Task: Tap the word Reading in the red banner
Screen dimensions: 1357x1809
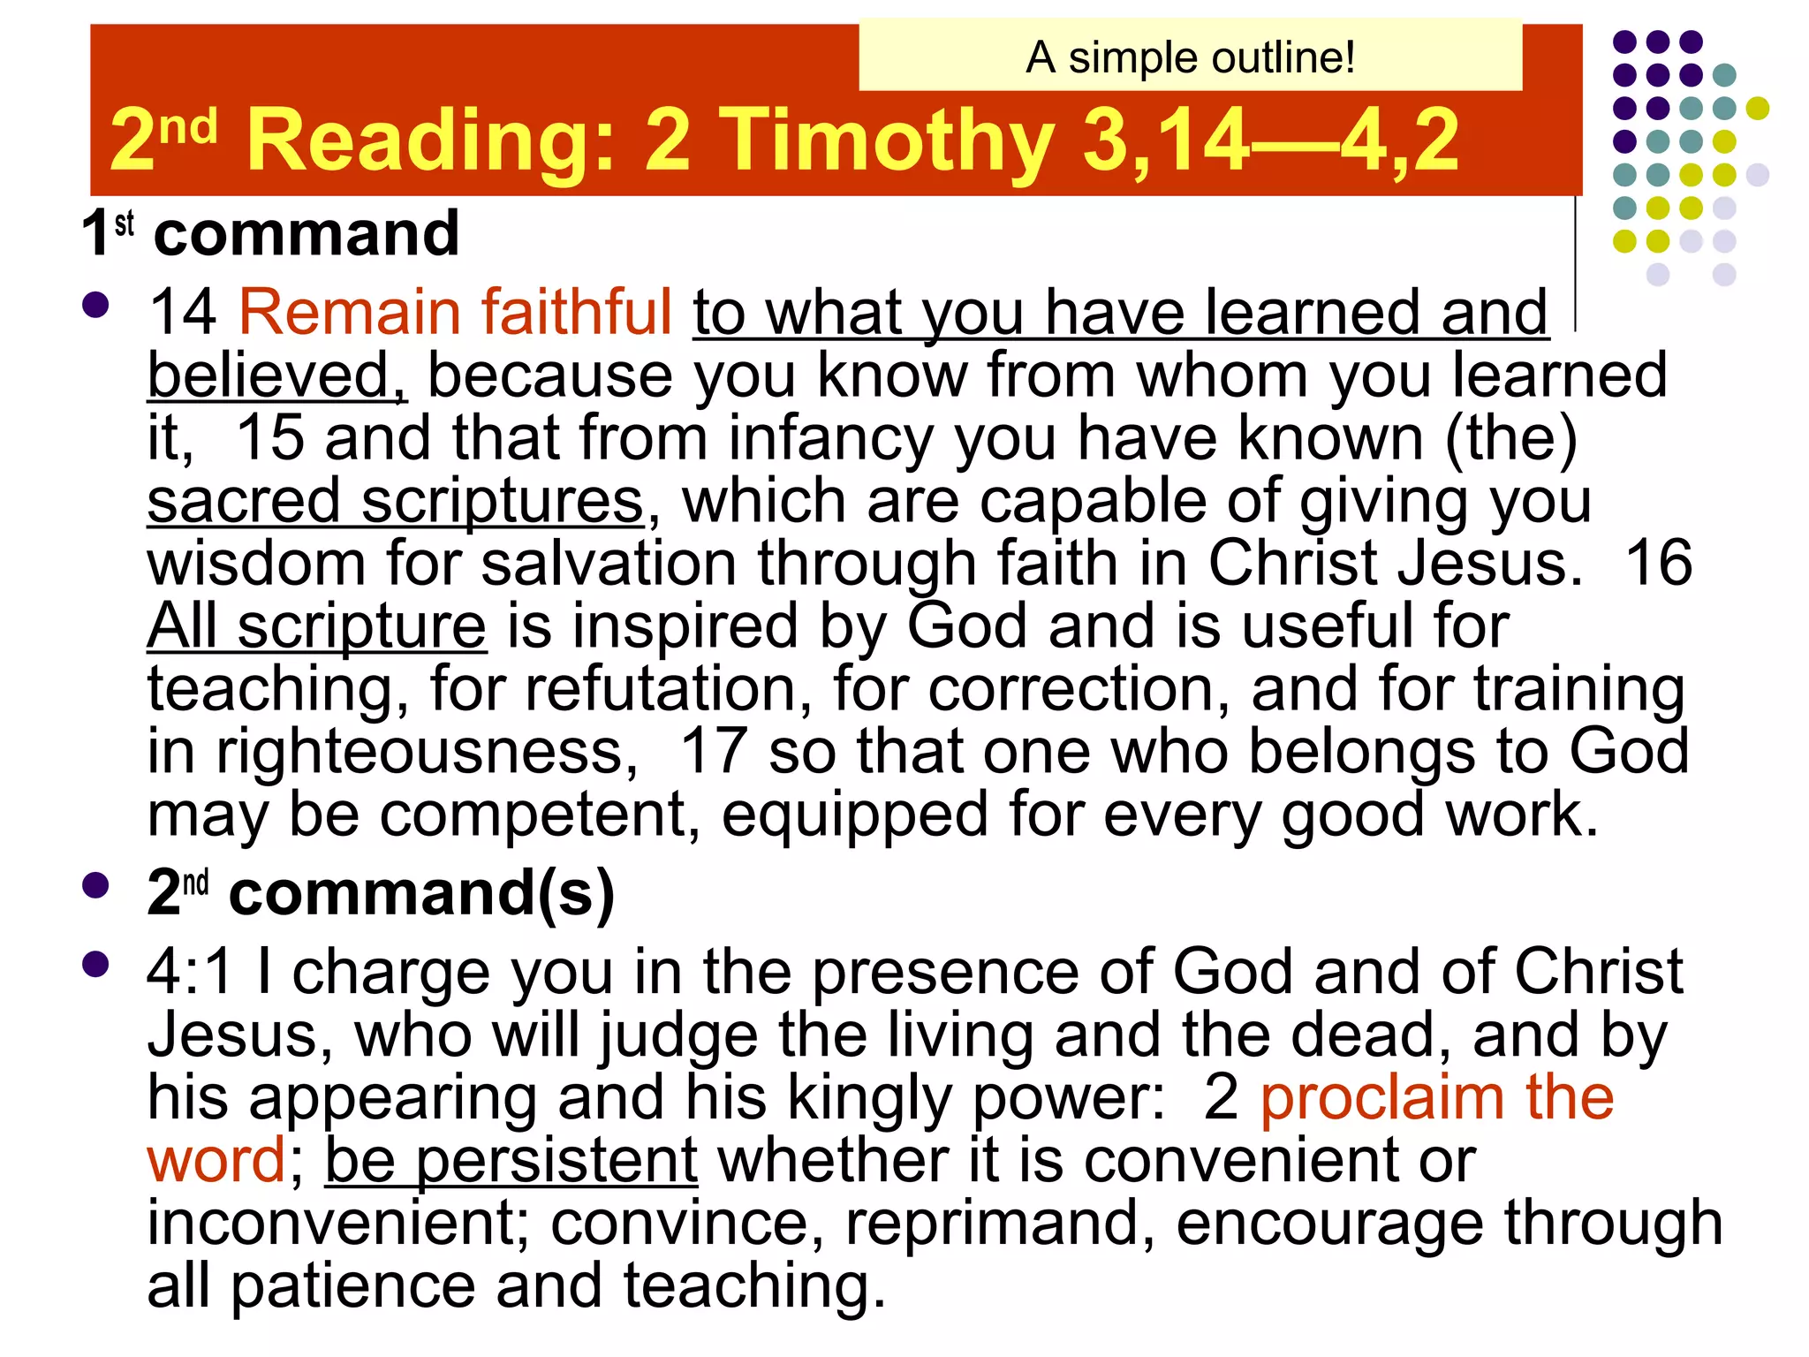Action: pos(431,140)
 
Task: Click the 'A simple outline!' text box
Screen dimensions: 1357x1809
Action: pos(1190,58)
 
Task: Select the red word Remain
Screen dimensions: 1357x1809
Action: pos(350,313)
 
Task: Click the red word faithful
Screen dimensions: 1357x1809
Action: pos(576,313)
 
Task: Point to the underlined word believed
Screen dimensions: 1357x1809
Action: pos(276,375)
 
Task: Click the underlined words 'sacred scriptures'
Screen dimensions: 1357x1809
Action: pos(396,501)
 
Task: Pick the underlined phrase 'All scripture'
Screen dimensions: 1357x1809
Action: pos(316,626)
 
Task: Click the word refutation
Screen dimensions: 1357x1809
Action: pos(668,689)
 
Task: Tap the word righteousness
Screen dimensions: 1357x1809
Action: pos(427,752)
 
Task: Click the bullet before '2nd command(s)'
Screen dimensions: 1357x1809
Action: pos(95,886)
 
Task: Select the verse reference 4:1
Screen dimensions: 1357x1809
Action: pos(189,972)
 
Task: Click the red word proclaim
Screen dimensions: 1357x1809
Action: pos(1381,1098)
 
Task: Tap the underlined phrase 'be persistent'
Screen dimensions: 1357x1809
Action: pos(511,1161)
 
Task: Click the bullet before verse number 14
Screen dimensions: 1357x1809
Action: pos(95,306)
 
